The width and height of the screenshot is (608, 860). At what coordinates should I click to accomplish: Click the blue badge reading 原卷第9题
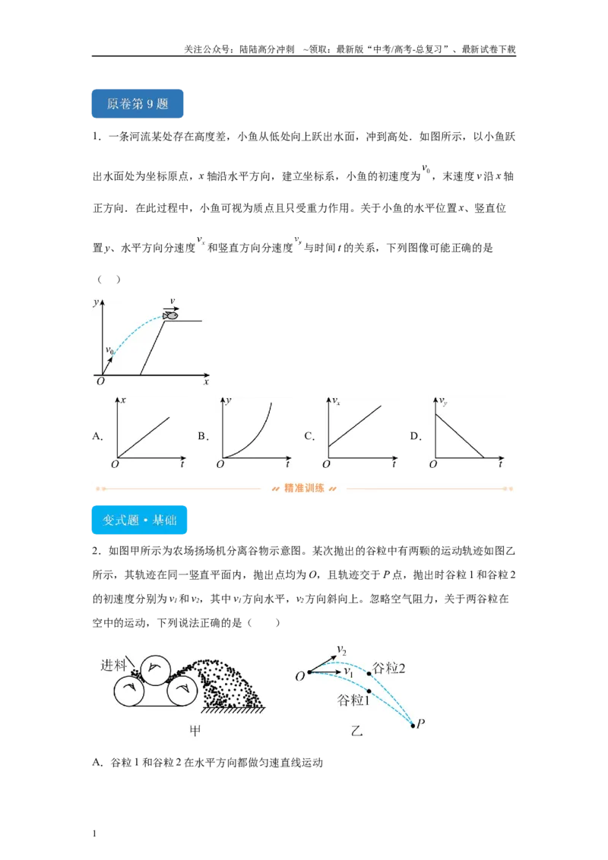(138, 103)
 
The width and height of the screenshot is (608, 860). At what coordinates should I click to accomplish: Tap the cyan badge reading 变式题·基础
(139, 520)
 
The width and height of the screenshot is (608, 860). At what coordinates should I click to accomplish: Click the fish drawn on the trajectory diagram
(171, 315)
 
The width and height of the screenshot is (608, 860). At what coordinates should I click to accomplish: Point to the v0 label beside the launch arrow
(109, 350)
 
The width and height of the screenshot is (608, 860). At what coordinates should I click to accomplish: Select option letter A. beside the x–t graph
(98, 437)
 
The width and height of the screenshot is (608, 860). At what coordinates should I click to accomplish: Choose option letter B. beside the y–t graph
(203, 437)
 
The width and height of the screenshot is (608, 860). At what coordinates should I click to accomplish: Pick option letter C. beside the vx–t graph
(309, 437)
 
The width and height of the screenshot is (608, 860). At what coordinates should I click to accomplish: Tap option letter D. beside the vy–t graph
(416, 437)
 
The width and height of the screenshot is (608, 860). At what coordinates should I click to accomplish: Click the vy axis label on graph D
(443, 402)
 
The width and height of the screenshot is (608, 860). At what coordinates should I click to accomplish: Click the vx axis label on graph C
(337, 401)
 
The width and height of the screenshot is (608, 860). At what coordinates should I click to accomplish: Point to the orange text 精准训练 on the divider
(304, 488)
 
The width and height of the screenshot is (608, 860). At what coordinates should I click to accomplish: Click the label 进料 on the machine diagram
(113, 666)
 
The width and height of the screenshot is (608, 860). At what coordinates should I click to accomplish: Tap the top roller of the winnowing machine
(155, 669)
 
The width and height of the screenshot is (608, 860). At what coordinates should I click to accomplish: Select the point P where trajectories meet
(413, 726)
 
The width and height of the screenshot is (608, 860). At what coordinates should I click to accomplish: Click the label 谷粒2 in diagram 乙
(389, 668)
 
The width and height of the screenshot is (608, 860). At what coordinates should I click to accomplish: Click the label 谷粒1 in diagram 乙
(353, 700)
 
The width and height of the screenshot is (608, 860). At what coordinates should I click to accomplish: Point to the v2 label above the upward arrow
(342, 650)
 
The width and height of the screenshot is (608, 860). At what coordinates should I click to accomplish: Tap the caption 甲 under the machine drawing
(195, 731)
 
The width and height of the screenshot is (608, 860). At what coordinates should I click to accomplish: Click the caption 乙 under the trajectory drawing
(356, 731)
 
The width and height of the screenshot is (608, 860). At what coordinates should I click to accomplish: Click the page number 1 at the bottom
(94, 833)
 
